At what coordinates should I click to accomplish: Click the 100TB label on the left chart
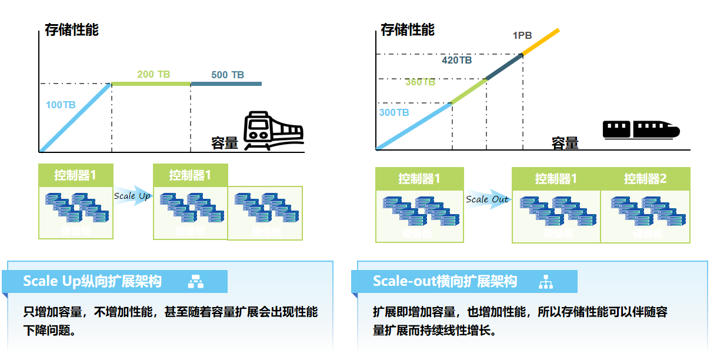coord(61,105)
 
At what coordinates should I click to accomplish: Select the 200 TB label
coord(154,74)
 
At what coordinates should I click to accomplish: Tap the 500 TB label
coord(228,75)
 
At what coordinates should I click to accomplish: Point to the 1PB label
coord(522,35)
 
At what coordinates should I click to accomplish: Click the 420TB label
coord(456,60)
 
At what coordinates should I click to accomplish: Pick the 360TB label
coord(420,82)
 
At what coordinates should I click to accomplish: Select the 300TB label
coord(394,112)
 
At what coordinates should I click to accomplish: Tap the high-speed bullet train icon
coord(641,129)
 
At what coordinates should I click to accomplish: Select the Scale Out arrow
coord(488,199)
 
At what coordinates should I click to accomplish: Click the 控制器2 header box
coord(645,179)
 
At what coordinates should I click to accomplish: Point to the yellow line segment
coord(541,41)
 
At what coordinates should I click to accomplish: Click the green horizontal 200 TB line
coord(151,84)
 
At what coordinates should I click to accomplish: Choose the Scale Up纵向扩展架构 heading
coord(92,281)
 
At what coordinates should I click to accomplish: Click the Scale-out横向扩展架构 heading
coord(445,281)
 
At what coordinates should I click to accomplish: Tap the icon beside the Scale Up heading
coord(195,282)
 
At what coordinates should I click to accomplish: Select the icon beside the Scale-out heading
coord(546,282)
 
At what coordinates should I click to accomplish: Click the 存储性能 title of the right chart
coord(408,29)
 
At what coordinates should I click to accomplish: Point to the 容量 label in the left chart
coord(225,143)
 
